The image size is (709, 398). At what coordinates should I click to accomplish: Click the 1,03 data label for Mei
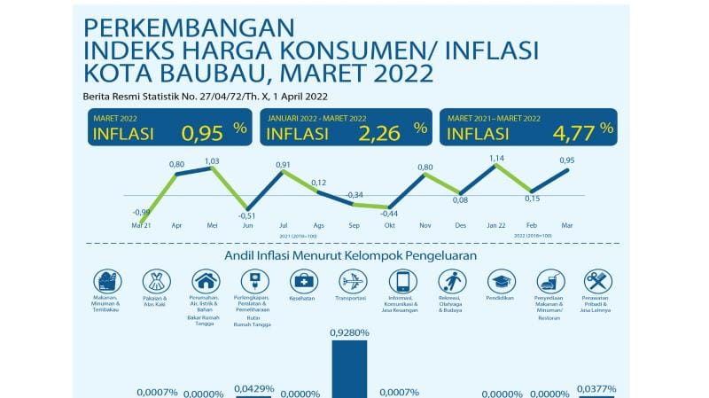click(x=212, y=160)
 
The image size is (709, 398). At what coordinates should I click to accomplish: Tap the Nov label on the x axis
click(x=425, y=225)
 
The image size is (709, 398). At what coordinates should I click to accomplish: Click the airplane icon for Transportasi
click(x=353, y=281)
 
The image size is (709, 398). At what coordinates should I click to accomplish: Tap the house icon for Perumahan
click(x=206, y=281)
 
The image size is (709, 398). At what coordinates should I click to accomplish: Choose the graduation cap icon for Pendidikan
click(x=501, y=281)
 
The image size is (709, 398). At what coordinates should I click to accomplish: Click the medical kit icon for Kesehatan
click(x=303, y=281)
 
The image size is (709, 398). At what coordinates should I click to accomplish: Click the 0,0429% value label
click(x=254, y=387)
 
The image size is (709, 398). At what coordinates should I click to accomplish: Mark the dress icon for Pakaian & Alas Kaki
click(x=156, y=281)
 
